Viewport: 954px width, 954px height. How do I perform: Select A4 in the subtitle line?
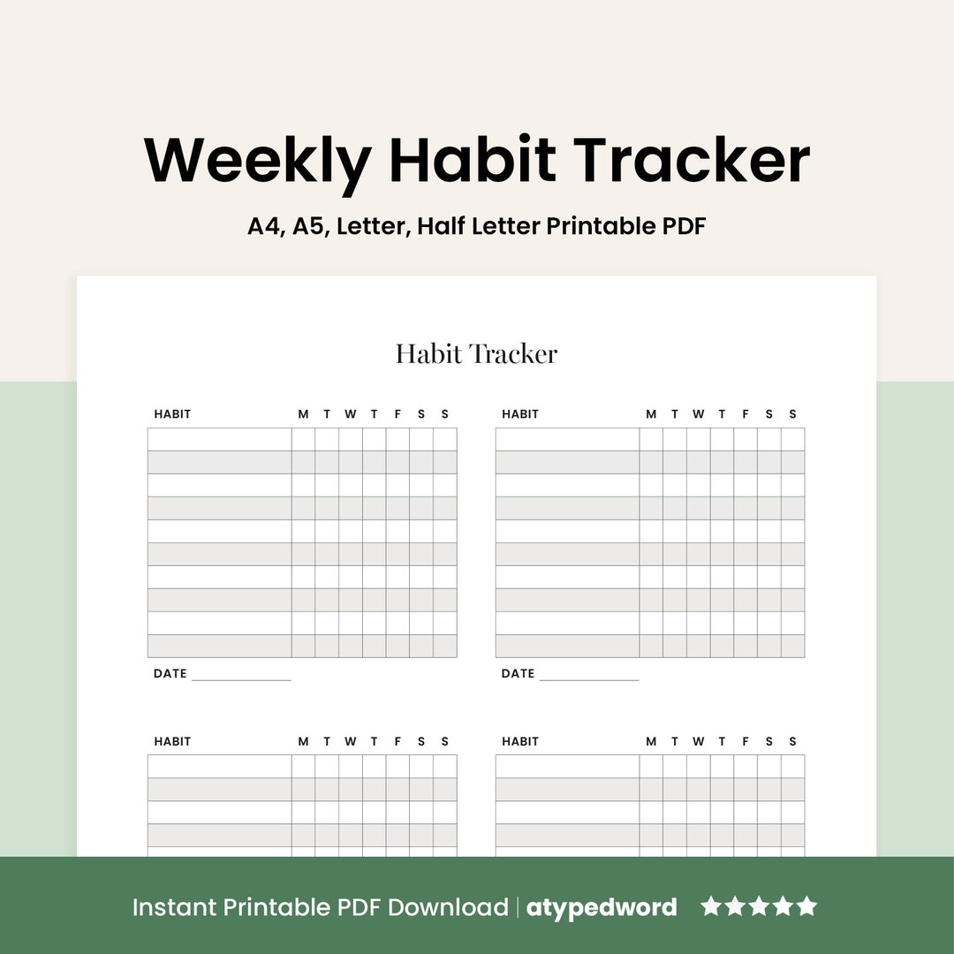point(263,226)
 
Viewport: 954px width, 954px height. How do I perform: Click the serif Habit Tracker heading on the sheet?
point(476,354)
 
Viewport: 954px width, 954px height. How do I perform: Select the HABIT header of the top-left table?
point(172,414)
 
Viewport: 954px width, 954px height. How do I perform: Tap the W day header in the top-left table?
point(351,414)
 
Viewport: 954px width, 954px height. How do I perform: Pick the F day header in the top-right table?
point(746,414)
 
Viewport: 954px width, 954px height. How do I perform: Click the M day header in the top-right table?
point(651,414)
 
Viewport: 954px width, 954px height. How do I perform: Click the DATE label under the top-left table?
point(170,674)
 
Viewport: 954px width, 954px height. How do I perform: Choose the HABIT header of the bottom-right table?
point(520,742)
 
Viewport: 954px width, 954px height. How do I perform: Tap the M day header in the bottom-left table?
point(303,742)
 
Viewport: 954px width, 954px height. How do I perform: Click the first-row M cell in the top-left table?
point(303,440)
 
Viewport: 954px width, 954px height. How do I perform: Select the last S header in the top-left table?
point(445,414)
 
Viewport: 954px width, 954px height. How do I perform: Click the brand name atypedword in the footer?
point(602,907)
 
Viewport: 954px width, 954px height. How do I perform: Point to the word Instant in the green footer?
point(175,907)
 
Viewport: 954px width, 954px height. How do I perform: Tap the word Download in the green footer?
point(447,907)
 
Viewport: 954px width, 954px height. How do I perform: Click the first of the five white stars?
point(711,906)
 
